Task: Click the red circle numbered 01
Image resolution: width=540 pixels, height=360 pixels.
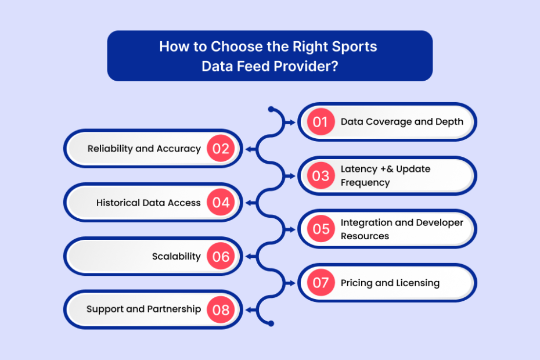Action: pyautogui.click(x=321, y=122)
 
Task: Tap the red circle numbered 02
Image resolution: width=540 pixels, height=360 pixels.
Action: pyautogui.click(x=221, y=149)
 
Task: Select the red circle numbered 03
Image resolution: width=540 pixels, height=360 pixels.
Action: pyautogui.click(x=321, y=176)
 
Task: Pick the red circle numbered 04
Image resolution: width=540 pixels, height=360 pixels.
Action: pyautogui.click(x=221, y=202)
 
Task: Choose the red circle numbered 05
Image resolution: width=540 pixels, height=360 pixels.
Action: pyautogui.click(x=321, y=229)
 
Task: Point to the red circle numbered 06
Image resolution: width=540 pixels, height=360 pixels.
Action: pyautogui.click(x=221, y=256)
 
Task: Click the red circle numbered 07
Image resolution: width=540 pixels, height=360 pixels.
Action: pyautogui.click(x=321, y=283)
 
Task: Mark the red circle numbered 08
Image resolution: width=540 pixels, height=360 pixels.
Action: pyautogui.click(x=221, y=309)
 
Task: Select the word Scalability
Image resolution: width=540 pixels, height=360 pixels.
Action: pyautogui.click(x=177, y=257)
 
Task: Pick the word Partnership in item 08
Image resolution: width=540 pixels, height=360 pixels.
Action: pyautogui.click(x=174, y=309)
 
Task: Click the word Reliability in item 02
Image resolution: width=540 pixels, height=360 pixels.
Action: pyautogui.click(x=110, y=149)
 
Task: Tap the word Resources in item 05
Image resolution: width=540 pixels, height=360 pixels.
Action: pyautogui.click(x=365, y=236)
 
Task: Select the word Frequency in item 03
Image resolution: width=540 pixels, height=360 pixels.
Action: pyautogui.click(x=365, y=182)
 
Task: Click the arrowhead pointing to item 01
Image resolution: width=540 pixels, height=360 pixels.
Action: pyautogui.click(x=292, y=123)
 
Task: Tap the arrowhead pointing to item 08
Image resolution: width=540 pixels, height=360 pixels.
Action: pyautogui.click(x=250, y=310)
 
